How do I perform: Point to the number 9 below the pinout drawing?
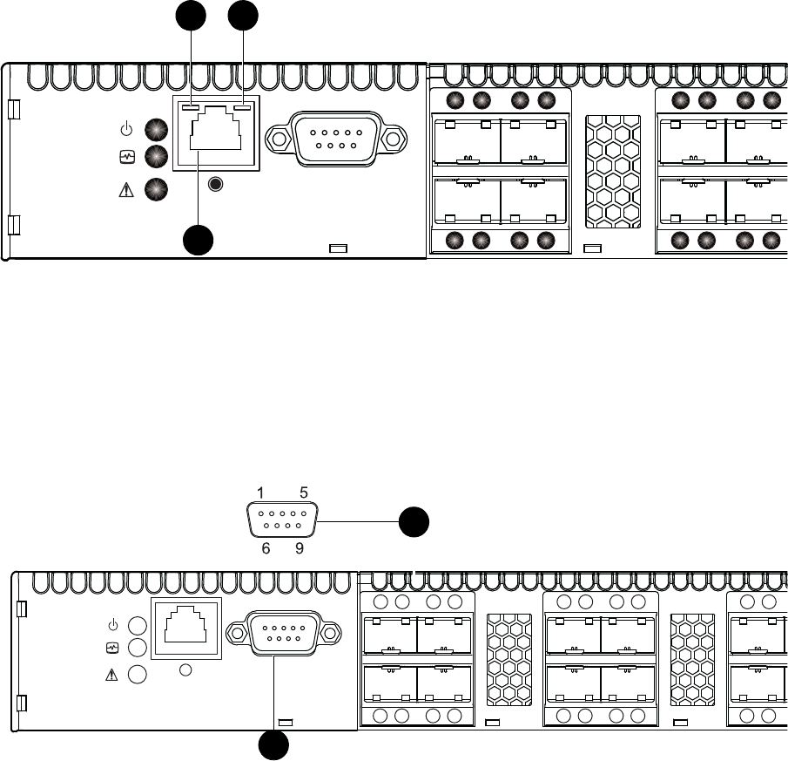[300, 549]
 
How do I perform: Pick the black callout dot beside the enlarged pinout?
[414, 522]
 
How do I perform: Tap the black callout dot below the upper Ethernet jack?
[198, 240]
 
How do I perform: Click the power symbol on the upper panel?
[126, 131]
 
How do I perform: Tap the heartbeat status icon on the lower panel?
[112, 649]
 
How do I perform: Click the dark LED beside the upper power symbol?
[156, 130]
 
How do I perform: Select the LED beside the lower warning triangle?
[138, 675]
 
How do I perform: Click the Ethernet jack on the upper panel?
[215, 135]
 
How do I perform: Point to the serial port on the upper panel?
[335, 138]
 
